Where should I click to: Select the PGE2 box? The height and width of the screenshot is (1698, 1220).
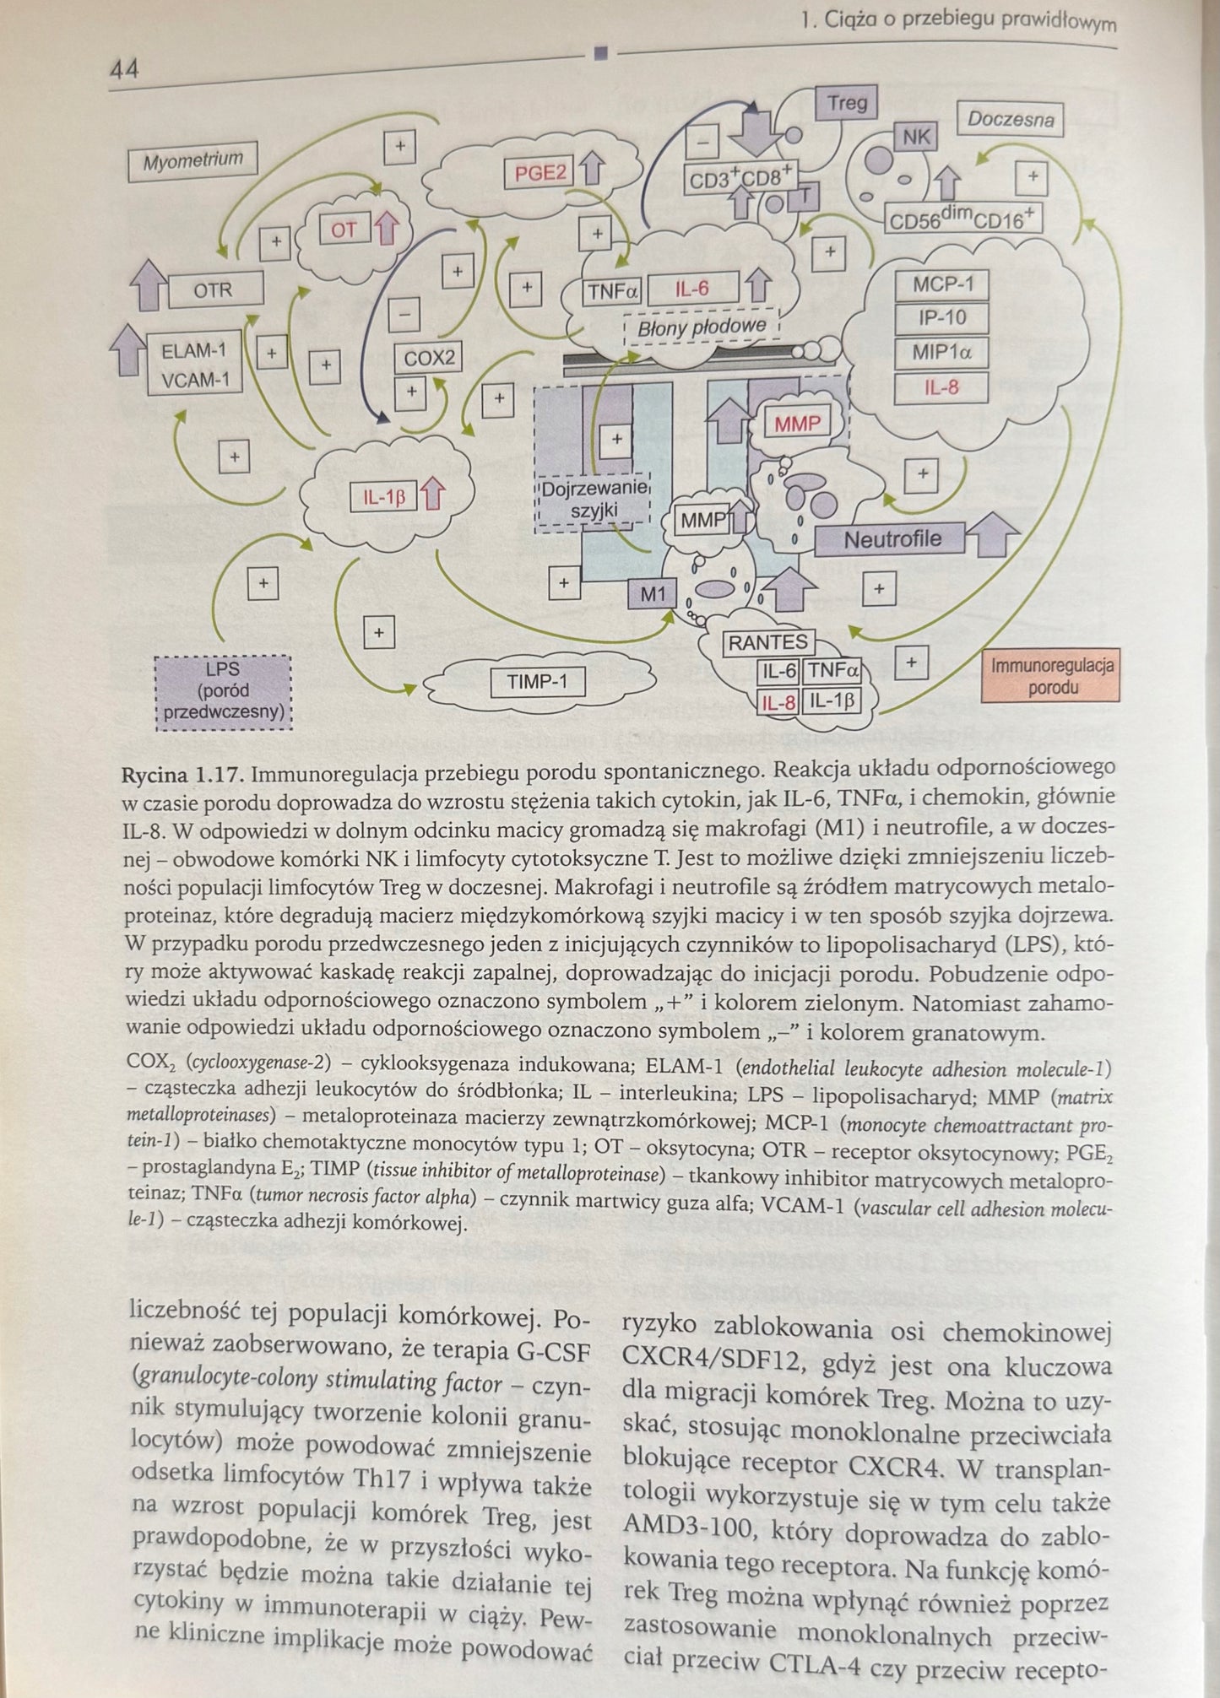coord(540,173)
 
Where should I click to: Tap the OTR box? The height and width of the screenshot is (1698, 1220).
coord(214,290)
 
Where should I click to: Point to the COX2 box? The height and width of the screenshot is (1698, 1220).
coord(429,358)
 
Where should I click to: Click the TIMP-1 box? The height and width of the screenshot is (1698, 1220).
coord(538,680)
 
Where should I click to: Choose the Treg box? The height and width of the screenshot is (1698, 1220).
coord(847,103)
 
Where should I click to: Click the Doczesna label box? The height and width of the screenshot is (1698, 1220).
coord(1010,119)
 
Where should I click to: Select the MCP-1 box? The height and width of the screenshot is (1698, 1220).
coord(942,284)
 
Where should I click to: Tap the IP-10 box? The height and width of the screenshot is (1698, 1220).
coord(942,318)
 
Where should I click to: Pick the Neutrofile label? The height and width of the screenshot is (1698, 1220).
coord(892,538)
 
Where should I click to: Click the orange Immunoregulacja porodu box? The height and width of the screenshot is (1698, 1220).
coord(1052,676)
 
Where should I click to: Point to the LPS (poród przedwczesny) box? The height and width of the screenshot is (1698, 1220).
coord(224,691)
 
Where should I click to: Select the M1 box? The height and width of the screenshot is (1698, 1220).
coord(653,594)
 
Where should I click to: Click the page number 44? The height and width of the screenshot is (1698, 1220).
coord(124,69)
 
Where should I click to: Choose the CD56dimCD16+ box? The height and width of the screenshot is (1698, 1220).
coord(962,220)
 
